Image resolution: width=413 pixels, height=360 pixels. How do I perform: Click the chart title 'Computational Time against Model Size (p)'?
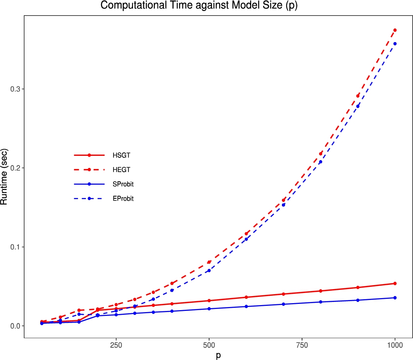pyautogui.click(x=198, y=6)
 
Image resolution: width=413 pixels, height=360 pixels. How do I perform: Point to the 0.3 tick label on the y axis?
pyautogui.click(x=15, y=89)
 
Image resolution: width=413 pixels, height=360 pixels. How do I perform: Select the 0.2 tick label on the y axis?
pyautogui.click(x=15, y=168)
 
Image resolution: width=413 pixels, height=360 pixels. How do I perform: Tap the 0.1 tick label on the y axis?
pyautogui.click(x=15, y=247)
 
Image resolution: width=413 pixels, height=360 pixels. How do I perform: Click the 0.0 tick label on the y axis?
pyautogui.click(x=15, y=326)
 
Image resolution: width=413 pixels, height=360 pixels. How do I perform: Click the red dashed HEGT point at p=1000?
pyautogui.click(x=395, y=30)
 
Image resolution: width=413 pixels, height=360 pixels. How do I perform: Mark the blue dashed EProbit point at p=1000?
pyautogui.click(x=395, y=44)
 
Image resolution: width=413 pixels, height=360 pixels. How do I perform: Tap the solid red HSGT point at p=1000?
pyautogui.click(x=395, y=284)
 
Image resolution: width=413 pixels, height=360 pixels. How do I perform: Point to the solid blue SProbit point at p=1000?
pyautogui.click(x=395, y=298)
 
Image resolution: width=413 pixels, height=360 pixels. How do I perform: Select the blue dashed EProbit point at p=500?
pyautogui.click(x=209, y=270)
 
